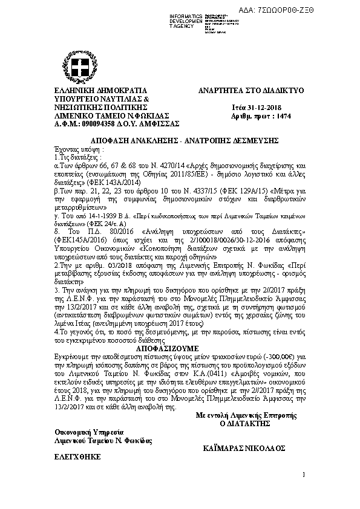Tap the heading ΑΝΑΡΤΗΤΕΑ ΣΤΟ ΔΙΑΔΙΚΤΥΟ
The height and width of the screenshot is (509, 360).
click(251, 91)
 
